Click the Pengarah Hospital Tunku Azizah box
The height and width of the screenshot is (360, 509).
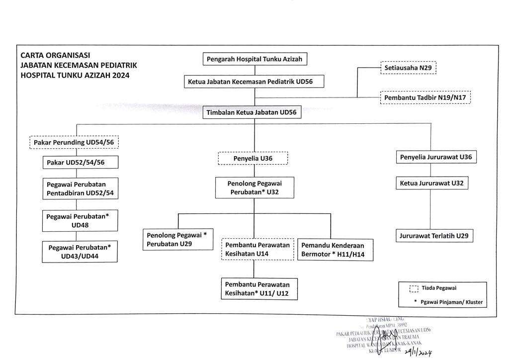(x=254, y=59)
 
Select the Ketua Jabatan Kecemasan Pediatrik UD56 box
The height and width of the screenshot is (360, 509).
(x=254, y=81)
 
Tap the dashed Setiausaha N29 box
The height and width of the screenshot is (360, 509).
(x=408, y=68)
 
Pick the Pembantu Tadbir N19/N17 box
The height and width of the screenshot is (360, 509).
(x=425, y=97)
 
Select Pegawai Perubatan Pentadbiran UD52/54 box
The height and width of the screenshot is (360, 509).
(x=81, y=188)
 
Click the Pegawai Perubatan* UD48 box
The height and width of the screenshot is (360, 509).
(x=81, y=221)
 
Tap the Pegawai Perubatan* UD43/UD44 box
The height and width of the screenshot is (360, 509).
(x=81, y=252)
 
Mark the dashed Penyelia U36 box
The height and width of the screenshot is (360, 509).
(x=254, y=159)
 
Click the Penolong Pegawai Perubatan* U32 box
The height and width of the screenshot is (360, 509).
(x=254, y=187)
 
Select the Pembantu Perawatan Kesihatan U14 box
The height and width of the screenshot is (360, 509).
(x=257, y=249)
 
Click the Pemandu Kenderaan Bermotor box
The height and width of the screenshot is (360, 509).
(x=332, y=249)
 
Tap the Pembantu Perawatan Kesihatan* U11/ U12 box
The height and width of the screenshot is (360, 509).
(x=257, y=288)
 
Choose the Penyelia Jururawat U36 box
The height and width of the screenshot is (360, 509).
(x=436, y=157)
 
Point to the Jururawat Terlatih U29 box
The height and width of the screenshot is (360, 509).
(x=434, y=236)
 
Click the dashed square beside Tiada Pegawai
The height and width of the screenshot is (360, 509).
(x=414, y=288)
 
